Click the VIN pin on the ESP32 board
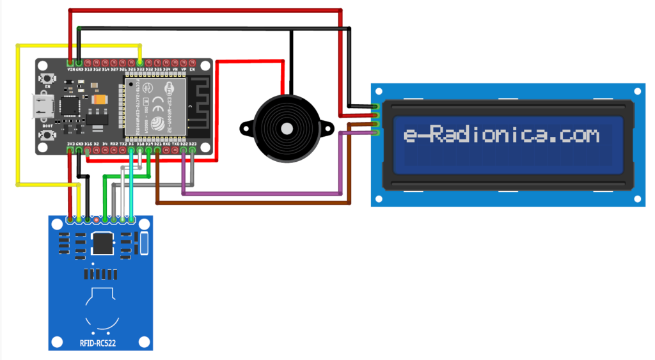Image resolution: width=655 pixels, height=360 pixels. [70, 62]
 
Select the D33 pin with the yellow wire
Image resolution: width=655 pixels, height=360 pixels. [140, 62]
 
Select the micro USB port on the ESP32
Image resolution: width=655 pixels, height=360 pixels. [43, 107]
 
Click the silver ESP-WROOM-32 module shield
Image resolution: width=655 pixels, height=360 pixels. [154, 105]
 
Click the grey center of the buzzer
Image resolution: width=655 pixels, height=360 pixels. [287, 129]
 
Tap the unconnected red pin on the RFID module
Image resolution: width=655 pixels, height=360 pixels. [96, 220]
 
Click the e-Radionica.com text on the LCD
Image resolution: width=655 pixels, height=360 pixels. [502, 136]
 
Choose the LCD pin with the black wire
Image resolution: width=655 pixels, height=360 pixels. [377, 106]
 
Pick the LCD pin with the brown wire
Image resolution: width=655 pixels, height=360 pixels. [377, 124]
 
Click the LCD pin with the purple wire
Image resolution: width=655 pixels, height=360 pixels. [377, 132]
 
